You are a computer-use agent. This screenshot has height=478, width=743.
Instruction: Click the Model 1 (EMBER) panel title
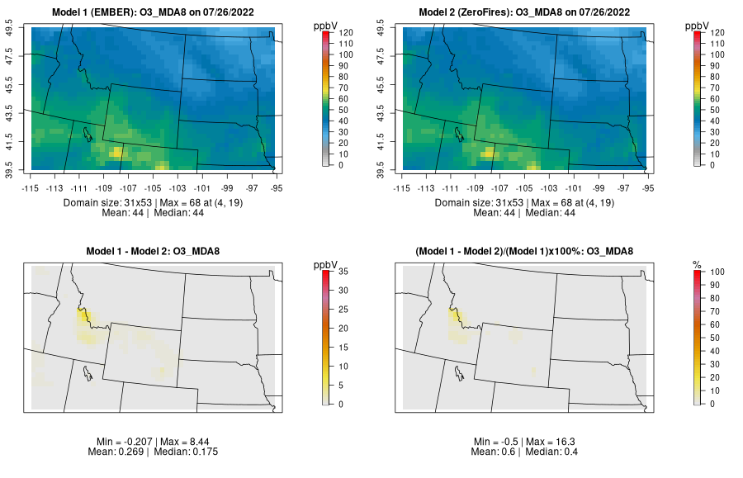point(157,12)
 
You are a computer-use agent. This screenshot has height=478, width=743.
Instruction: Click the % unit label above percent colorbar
point(697,264)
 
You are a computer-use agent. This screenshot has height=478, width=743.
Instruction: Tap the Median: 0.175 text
point(186,452)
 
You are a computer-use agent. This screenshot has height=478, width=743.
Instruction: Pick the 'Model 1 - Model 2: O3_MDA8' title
point(157,251)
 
